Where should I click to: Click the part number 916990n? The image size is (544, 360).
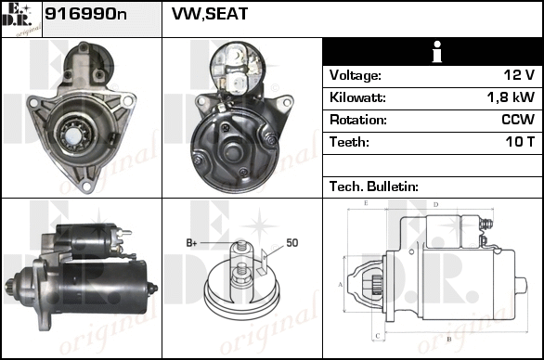pos(85,14)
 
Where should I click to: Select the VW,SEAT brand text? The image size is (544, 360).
pos(210,14)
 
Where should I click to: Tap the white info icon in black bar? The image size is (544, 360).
pos(437,52)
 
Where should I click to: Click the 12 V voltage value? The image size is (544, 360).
pos(519,74)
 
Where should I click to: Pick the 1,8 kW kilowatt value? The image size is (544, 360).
pos(511,97)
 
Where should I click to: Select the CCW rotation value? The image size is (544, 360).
pos(518,120)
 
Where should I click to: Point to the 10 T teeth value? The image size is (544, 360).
pos(520,142)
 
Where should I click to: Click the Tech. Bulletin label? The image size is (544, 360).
pos(374,186)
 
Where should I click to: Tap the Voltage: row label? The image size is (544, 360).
pos(355,75)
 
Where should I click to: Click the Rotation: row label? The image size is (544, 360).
pos(357,120)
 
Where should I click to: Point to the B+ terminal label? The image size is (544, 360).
pos(191,243)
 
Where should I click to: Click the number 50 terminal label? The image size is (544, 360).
pos(292,243)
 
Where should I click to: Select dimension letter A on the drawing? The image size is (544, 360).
pos(340,285)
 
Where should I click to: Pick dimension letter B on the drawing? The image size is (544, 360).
pos(449,339)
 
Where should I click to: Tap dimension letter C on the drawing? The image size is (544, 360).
pos(378,336)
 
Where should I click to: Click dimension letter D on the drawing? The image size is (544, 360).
pos(436,205)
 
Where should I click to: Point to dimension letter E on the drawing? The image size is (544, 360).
pos(366,203)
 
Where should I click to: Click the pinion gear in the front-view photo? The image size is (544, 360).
pos(74,135)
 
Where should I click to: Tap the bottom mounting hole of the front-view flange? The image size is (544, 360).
pos(85,186)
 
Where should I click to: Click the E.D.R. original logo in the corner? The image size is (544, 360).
pos(21,19)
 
